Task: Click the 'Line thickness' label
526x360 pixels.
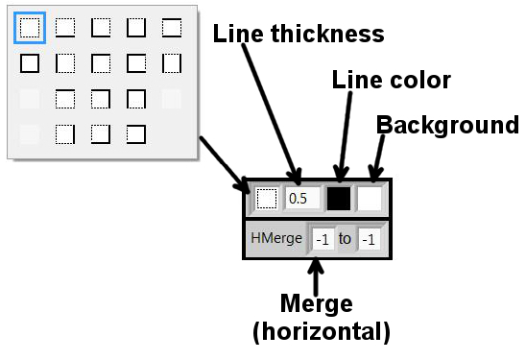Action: coord(299,34)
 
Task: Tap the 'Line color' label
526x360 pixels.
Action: coord(392,80)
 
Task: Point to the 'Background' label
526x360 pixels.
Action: coord(447,125)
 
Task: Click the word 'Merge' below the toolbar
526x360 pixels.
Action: coord(317,303)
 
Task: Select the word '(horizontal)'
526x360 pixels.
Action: coord(322,331)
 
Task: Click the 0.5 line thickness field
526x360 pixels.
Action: coord(302,199)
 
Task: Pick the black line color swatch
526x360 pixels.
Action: coord(339,199)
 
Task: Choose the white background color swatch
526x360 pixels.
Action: coord(370,199)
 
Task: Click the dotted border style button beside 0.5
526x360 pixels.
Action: coord(266,199)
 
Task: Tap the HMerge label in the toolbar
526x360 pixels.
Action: coord(276,238)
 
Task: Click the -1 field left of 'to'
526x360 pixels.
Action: coord(323,240)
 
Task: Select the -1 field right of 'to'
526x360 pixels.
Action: coord(369,240)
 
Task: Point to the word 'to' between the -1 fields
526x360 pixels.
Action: coord(345,239)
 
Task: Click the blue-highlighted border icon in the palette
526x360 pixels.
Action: coord(30,28)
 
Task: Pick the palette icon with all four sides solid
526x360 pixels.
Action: coord(30,63)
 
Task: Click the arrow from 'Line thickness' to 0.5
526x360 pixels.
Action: coord(271,113)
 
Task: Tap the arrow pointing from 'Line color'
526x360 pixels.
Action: coord(345,136)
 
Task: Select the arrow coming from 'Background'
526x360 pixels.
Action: coord(378,157)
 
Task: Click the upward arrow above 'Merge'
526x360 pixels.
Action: coord(316,276)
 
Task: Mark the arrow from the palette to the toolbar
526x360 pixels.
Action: coord(224,164)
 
